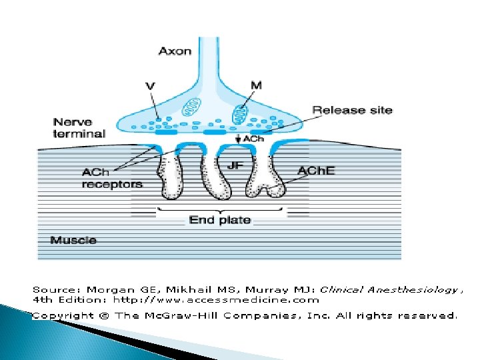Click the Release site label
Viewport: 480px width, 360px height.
pyautogui.click(x=353, y=110)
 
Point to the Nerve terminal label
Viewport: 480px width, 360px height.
pyautogui.click(x=79, y=127)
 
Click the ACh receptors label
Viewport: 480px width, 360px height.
pyautogui.click(x=111, y=178)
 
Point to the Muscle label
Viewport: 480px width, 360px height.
pyautogui.click(x=73, y=240)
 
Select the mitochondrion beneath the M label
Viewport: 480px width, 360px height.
pyautogui.click(x=240, y=115)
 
